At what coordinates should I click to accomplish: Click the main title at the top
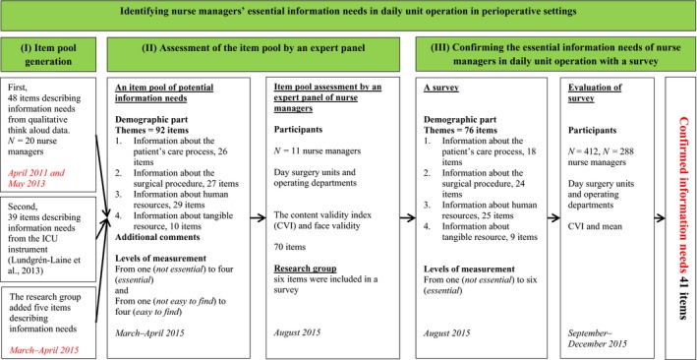348,16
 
